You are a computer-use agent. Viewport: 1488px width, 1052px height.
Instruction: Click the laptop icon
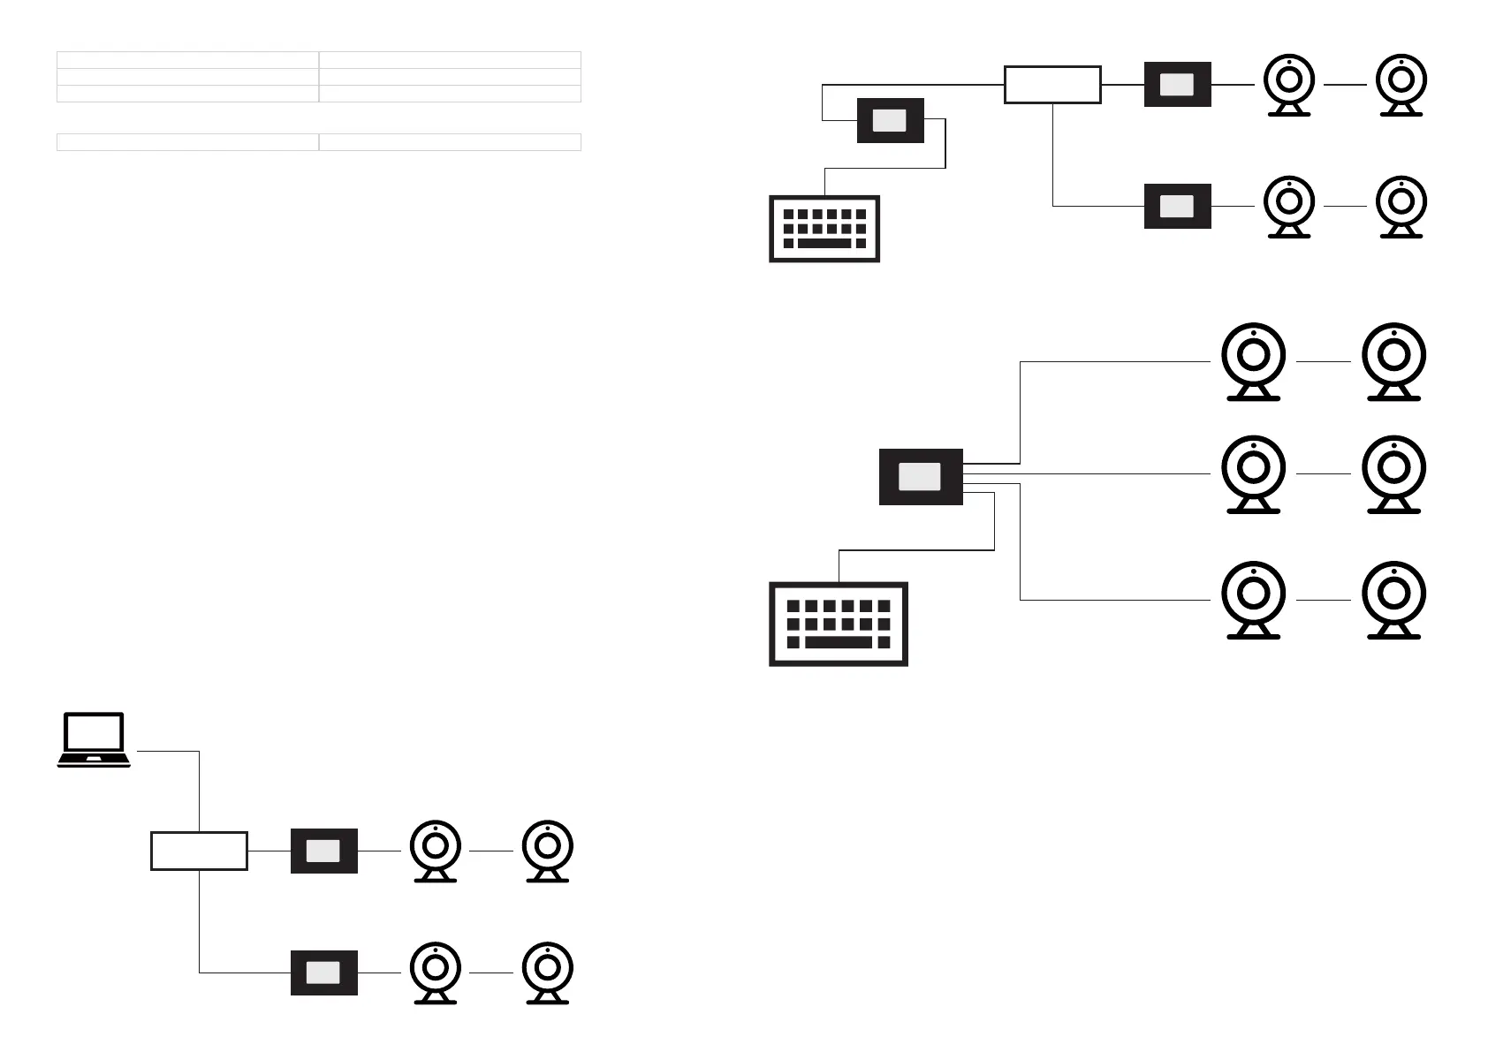point(94,740)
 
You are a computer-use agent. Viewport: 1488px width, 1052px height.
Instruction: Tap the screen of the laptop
point(94,732)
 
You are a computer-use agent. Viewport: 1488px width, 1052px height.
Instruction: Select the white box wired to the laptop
point(199,851)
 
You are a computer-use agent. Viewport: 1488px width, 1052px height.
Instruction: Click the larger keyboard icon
point(839,624)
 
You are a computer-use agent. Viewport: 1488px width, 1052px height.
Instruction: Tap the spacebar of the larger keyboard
point(839,642)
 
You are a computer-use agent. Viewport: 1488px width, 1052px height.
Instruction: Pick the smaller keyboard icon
point(824,229)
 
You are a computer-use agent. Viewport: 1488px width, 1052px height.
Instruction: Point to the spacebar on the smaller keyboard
point(824,243)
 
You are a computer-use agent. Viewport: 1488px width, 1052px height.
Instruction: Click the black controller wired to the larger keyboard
point(921,477)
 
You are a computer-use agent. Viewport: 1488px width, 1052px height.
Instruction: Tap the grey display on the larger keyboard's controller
point(920,477)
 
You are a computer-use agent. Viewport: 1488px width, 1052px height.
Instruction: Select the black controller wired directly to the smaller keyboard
point(890,120)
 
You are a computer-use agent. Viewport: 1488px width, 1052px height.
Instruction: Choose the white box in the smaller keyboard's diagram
point(1052,85)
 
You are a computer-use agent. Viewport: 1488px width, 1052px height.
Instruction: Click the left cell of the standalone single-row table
point(187,142)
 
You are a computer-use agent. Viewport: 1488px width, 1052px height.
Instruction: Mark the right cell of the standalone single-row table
point(450,142)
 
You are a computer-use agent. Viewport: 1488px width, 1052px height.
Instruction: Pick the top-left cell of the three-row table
point(187,60)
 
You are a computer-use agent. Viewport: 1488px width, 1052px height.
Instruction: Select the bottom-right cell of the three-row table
point(450,94)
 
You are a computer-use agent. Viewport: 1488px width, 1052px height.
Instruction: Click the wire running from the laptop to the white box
point(199,791)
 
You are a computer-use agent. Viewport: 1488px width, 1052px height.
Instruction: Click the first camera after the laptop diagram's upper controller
point(436,850)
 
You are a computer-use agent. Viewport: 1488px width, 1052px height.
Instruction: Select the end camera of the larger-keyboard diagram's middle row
point(1393,473)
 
